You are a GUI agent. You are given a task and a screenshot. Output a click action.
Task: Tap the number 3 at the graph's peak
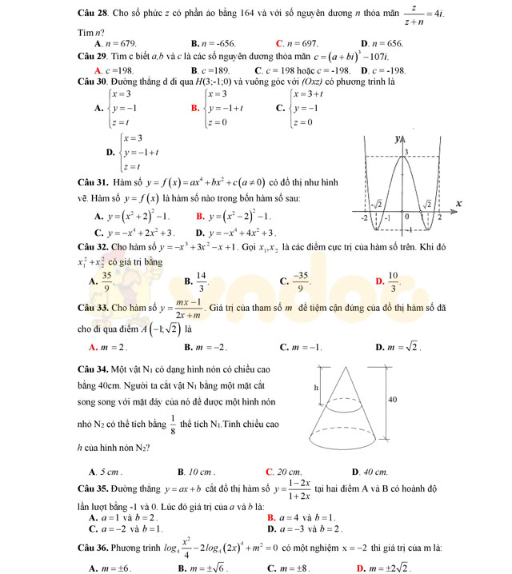[x=406, y=152]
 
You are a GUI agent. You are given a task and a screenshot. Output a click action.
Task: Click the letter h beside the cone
[x=316, y=387]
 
